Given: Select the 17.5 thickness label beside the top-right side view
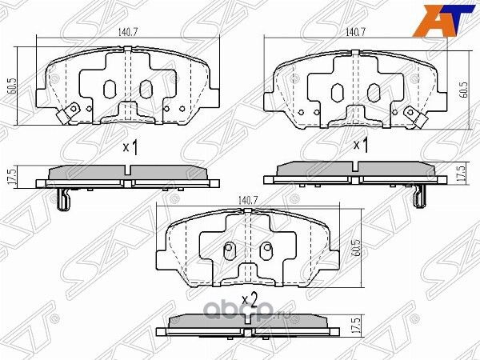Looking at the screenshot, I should click(x=461, y=173).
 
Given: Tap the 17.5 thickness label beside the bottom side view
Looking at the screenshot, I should click(x=354, y=327).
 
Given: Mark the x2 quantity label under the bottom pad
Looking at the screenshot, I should click(x=250, y=300).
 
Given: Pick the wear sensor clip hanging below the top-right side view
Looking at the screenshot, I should click(x=418, y=197).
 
